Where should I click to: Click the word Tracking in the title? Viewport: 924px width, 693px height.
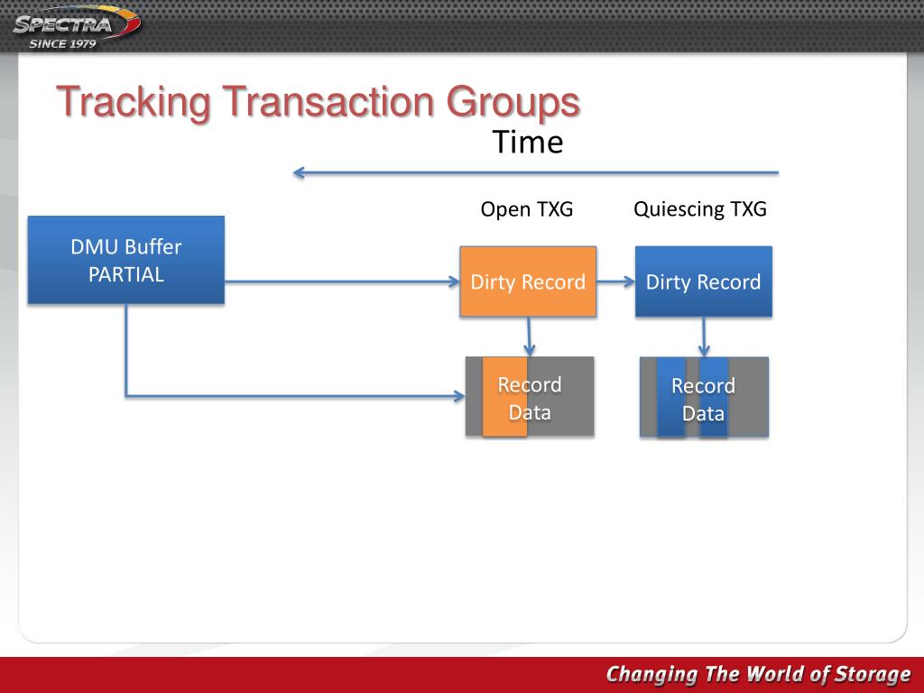coord(134,102)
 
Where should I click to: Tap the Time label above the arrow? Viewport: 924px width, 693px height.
coord(528,143)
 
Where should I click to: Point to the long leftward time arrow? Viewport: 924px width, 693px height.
coord(535,172)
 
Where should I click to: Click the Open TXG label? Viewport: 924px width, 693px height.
coord(527,209)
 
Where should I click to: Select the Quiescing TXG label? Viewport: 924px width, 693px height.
coord(700,209)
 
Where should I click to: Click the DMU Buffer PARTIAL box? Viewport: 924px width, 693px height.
coord(126,260)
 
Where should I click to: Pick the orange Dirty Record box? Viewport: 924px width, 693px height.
coord(528,282)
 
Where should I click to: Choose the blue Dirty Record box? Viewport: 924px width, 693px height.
coord(703,282)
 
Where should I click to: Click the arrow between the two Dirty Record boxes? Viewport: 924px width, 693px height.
coord(615,282)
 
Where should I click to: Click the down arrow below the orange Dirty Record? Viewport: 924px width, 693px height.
coord(530,337)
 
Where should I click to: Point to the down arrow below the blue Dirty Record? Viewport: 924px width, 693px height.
coord(705,337)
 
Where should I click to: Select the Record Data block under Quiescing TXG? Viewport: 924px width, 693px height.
coord(704,398)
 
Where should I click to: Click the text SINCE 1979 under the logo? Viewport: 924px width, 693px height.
coord(63,43)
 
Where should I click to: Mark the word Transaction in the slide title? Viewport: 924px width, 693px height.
coord(329,102)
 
